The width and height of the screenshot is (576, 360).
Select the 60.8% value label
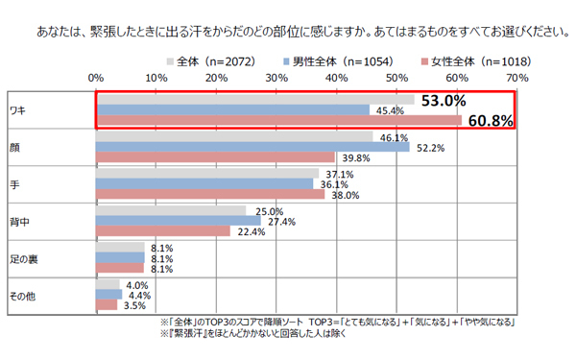coord(488,121)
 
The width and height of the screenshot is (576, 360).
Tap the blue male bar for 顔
coord(252,147)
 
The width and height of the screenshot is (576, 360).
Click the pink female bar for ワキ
coord(278,121)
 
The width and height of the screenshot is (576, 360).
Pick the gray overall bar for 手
coord(207,174)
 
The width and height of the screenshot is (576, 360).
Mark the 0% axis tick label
coord(96,76)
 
